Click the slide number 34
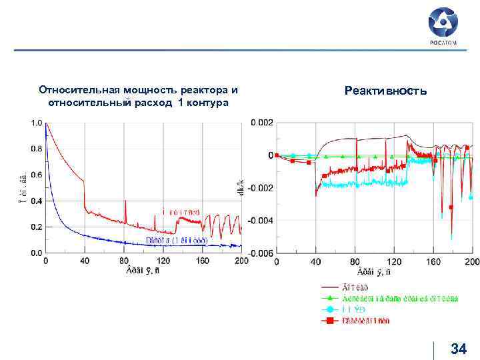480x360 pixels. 459,348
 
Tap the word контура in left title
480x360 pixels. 209,103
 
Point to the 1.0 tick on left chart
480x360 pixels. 35,123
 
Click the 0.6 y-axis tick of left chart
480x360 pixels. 35,175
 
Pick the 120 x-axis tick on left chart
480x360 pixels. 163,261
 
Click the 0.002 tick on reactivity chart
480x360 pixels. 261,123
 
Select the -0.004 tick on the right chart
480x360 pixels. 259,221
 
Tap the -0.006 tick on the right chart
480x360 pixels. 259,253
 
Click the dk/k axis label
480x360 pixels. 240,188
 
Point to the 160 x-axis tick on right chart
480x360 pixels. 433,261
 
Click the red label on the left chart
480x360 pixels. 181,212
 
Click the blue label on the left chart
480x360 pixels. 176,240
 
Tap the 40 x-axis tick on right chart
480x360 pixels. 316,261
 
